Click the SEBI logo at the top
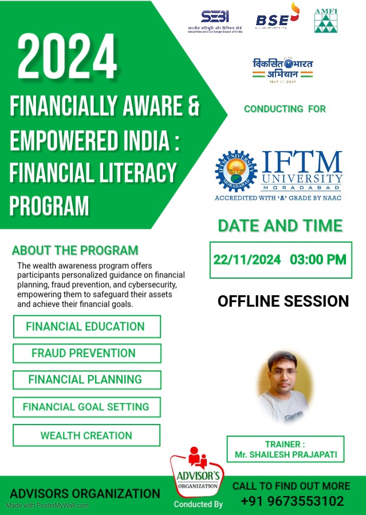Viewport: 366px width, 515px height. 215,21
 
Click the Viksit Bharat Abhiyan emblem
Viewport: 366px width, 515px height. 283,69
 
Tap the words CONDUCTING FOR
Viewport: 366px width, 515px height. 285,109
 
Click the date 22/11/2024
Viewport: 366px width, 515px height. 247,259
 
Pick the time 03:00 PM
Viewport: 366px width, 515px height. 318,259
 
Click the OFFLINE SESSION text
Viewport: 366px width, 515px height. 283,301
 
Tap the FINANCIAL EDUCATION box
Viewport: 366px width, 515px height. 86,327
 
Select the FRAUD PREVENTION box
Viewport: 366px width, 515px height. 86,353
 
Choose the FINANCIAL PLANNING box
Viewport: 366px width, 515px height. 86,379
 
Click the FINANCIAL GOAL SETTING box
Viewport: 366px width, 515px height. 86,407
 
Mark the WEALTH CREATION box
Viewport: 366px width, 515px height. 86,435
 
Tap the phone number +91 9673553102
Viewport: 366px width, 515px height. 292,501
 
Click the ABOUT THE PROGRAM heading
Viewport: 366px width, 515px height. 75,250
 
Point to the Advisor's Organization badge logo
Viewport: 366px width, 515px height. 198,472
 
